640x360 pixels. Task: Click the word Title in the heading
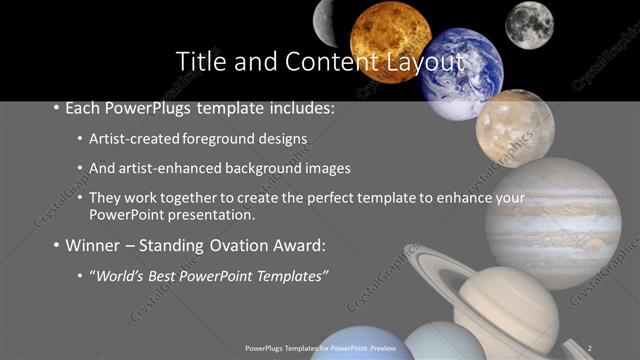(x=202, y=61)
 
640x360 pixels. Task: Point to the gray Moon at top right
(x=528, y=24)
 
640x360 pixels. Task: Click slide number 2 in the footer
(x=590, y=347)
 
